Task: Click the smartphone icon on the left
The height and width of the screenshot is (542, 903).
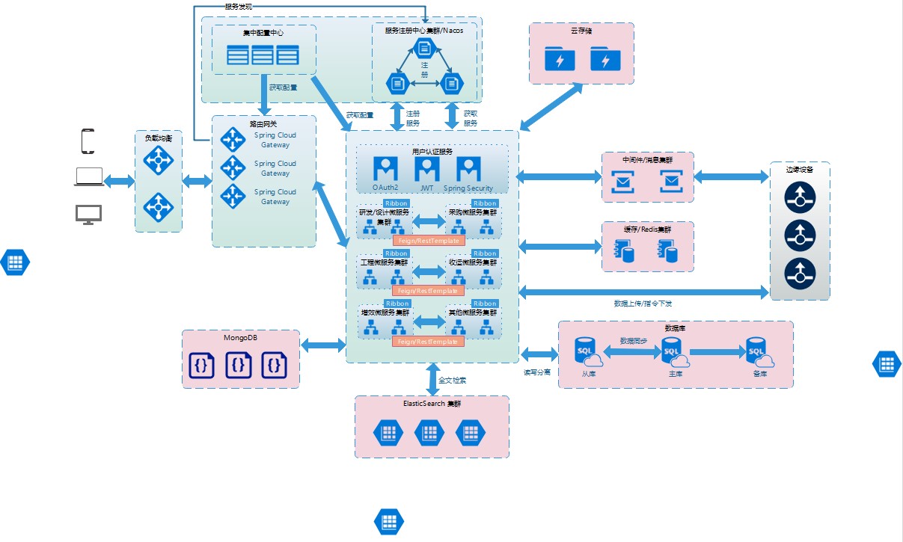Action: [88, 141]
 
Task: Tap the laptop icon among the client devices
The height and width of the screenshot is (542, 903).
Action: [88, 177]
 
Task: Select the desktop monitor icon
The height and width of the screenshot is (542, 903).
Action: [88, 215]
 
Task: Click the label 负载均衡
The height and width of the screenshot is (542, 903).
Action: [159, 138]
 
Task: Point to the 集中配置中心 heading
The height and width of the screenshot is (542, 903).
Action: [263, 33]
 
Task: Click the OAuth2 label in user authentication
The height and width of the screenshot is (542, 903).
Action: [386, 188]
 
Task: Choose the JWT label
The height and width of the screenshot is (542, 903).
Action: [426, 188]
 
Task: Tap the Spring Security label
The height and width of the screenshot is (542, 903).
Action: [468, 188]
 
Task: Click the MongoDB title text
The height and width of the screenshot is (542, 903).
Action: [240, 337]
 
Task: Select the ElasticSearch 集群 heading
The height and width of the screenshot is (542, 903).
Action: [432, 404]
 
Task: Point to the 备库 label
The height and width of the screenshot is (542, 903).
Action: [760, 373]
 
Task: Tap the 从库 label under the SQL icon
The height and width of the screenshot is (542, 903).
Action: [588, 373]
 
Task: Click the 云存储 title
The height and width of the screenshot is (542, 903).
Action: [581, 31]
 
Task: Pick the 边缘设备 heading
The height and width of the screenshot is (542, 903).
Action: [800, 170]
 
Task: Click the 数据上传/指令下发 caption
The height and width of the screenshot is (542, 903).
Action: [643, 304]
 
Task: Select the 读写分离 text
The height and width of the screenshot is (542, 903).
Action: [536, 372]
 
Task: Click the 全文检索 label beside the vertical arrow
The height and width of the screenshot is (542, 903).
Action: [453, 381]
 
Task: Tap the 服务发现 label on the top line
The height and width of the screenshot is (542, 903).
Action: [239, 7]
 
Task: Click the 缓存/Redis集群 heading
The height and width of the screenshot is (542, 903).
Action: [647, 229]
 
